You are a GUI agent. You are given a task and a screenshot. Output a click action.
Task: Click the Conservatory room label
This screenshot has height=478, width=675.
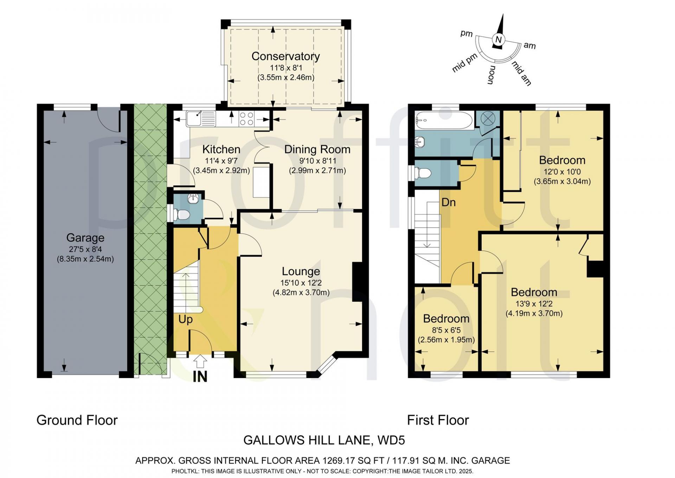[285, 56]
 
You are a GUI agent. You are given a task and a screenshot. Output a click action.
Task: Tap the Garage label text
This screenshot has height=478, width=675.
[85, 238]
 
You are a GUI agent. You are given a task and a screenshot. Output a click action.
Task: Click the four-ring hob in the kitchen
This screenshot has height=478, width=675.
[246, 118]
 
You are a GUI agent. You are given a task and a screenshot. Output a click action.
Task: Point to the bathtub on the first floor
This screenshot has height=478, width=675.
[444, 120]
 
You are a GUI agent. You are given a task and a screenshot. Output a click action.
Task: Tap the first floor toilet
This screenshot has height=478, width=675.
[423, 173]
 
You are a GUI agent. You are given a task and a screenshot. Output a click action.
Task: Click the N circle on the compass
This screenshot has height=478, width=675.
[498, 39]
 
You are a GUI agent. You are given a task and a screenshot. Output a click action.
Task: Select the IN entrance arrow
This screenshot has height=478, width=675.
[200, 361]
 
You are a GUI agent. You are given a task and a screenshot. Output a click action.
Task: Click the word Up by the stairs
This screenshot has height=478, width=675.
[185, 319]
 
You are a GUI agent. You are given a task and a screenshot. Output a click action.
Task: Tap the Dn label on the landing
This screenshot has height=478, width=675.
[448, 202]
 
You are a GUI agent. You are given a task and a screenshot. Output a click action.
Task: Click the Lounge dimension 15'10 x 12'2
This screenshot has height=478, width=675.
[301, 283]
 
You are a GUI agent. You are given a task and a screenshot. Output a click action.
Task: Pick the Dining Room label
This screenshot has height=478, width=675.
[317, 149]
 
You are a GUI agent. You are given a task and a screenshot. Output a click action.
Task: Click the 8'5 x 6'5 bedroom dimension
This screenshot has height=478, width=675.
[446, 330]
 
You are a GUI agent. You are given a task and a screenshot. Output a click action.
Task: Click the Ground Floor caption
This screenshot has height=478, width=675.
[77, 420]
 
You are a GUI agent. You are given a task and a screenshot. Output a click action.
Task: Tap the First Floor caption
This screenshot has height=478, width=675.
[438, 420]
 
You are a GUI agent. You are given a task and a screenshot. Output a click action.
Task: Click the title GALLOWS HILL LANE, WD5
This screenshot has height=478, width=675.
[324, 440]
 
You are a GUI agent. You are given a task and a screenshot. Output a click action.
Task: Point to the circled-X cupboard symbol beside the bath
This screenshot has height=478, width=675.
[487, 118]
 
